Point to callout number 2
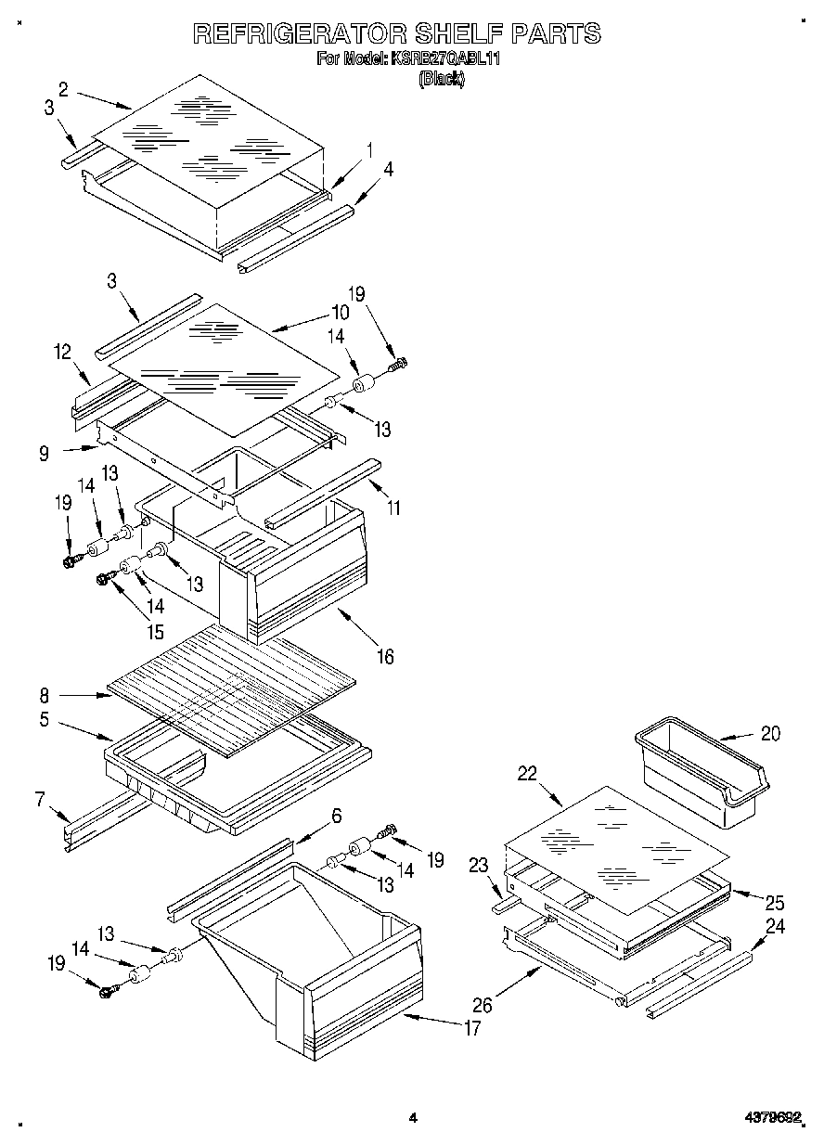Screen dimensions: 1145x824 pos(63,89)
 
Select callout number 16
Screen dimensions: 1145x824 pos(384,657)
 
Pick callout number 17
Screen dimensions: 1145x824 pos(471,1028)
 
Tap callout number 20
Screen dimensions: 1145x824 pos(769,733)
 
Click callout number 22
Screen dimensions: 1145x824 pos(527,775)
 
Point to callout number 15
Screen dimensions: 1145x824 pos(154,633)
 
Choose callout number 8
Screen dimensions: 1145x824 pos(45,693)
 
